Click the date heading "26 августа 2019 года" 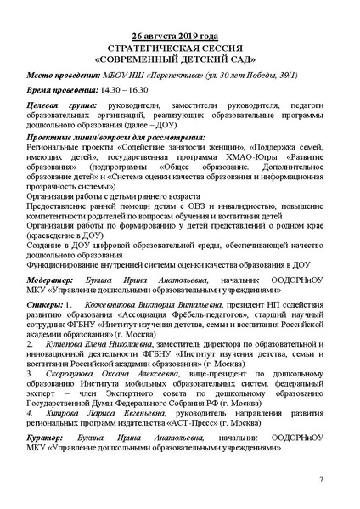181,38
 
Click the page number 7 321,480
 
